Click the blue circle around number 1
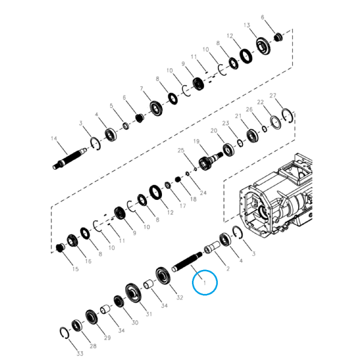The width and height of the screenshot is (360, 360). pyautogui.click(x=193, y=283)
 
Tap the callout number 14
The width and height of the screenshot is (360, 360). pyautogui.click(x=54, y=139)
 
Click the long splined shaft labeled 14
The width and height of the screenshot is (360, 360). pyautogui.click(x=70, y=158)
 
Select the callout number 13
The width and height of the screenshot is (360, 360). pyautogui.click(x=247, y=25)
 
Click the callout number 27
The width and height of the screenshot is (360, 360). pyautogui.click(x=273, y=95)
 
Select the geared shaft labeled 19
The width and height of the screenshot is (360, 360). pyautogui.click(x=210, y=161)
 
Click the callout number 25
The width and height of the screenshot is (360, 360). pyautogui.click(x=181, y=151)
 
